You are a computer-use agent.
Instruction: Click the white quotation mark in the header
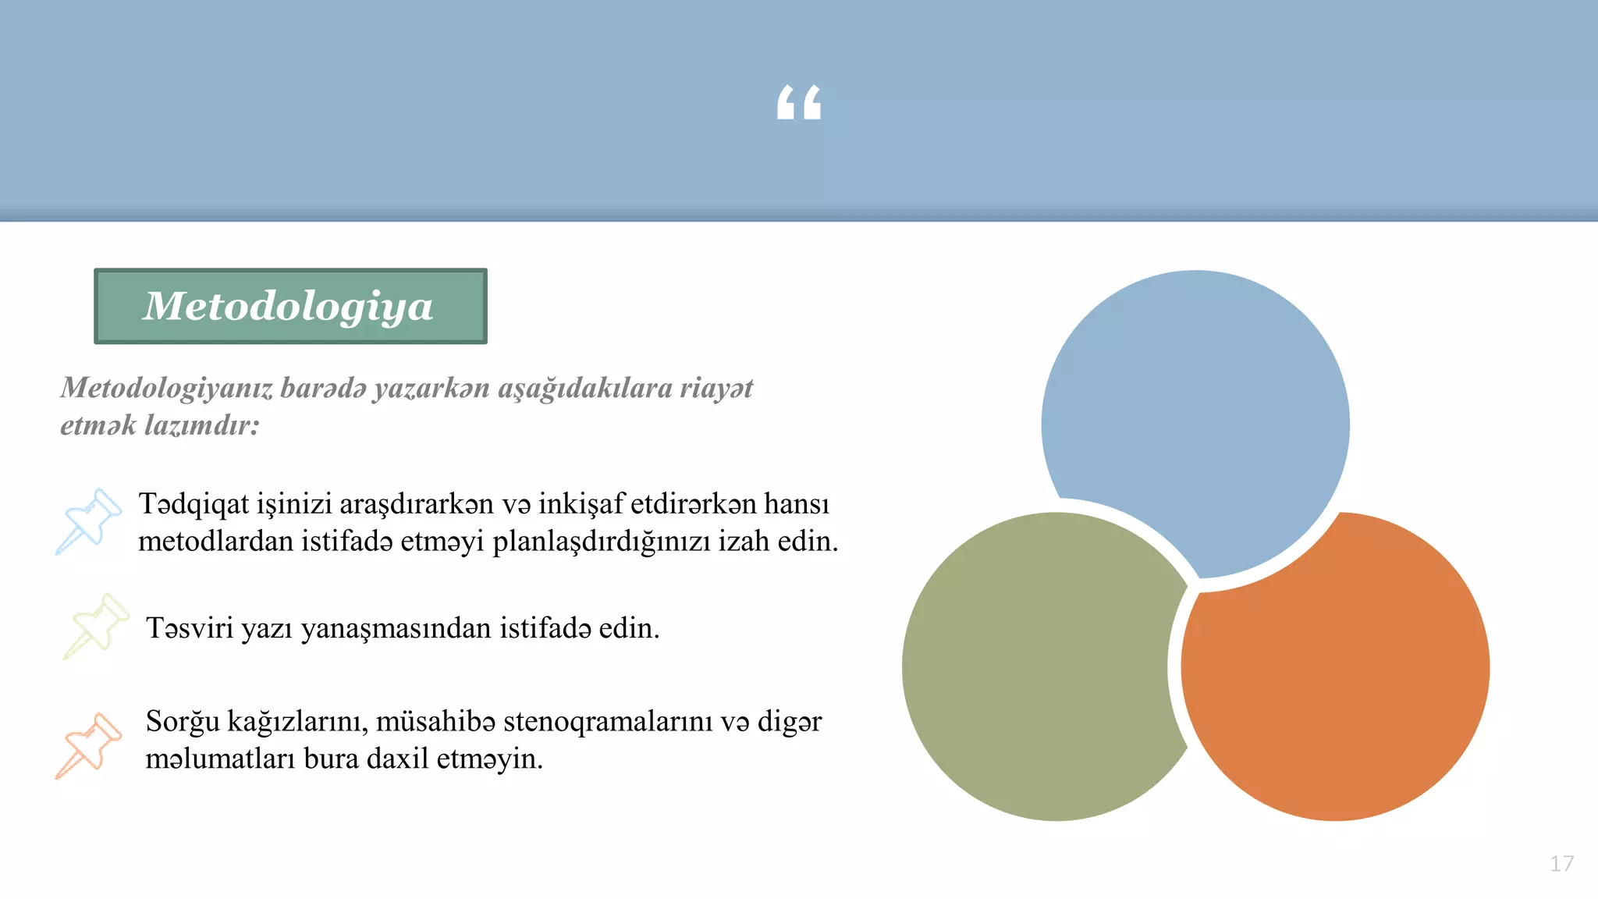click(799, 102)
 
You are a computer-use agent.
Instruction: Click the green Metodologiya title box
click(290, 306)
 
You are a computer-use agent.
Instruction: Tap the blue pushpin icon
click(89, 521)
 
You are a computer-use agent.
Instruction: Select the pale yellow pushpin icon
click(95, 626)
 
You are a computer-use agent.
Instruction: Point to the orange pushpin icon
click(89, 744)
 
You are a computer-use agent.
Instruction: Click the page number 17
click(1561, 864)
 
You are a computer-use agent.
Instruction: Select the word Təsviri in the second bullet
click(190, 628)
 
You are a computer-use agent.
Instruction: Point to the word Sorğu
click(183, 722)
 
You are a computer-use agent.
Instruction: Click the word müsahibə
click(435, 722)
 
